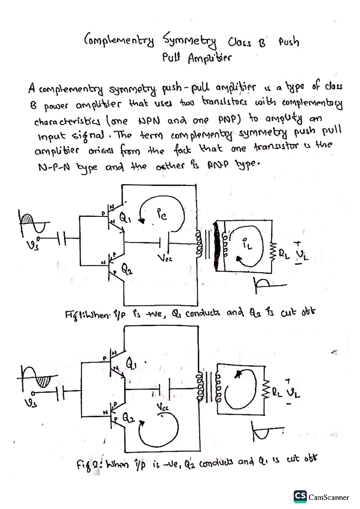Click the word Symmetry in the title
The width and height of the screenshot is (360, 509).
coord(190,41)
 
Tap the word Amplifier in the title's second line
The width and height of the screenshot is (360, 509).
coord(210,58)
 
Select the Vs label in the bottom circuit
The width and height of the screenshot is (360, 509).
coord(31,402)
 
